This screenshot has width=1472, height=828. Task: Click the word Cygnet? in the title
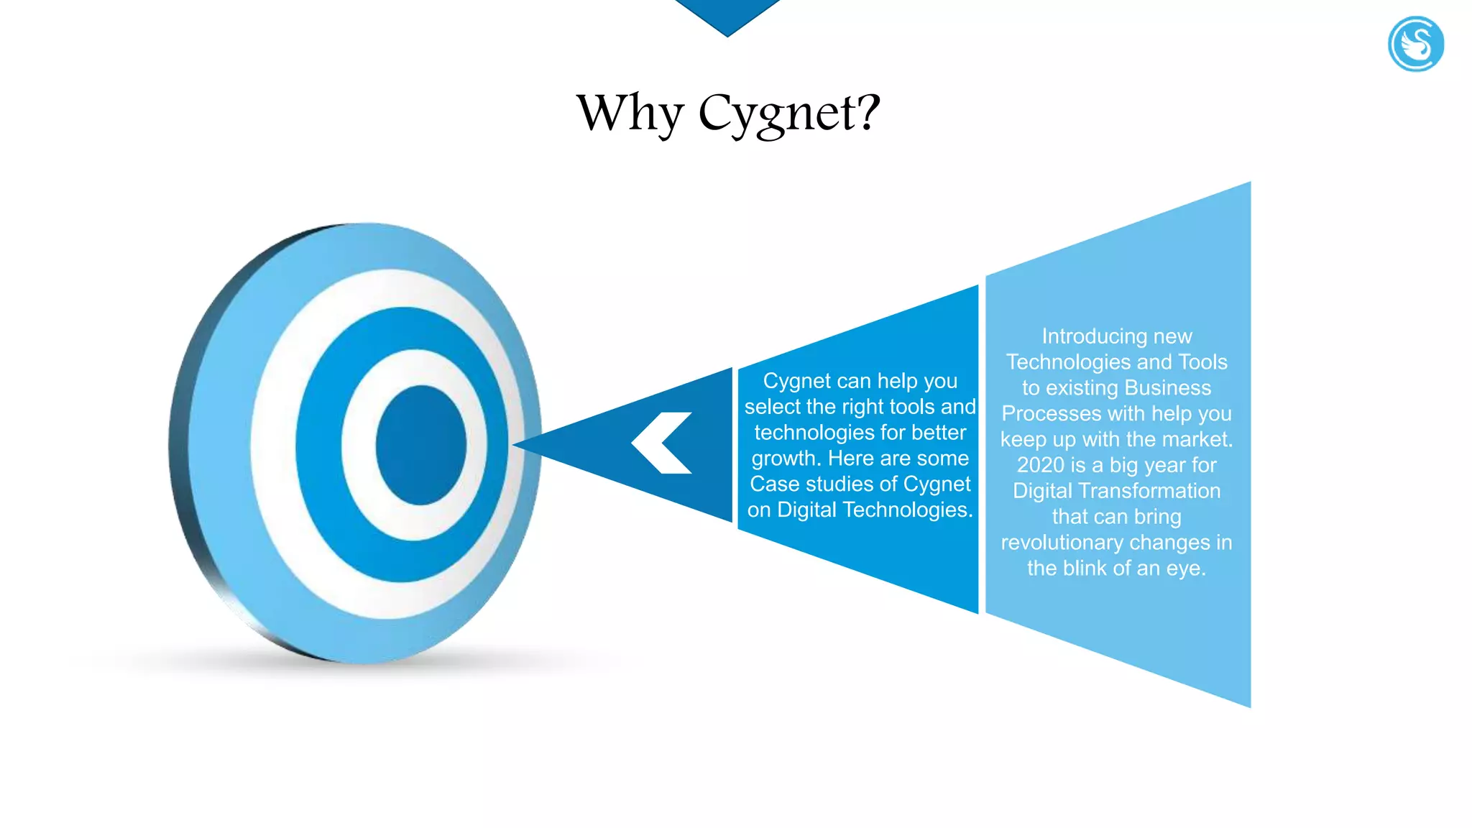tap(789, 113)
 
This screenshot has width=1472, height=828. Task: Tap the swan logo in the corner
tap(1415, 45)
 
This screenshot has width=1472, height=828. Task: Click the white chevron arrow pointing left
tap(661, 443)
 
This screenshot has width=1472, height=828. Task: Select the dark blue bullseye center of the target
tap(420, 445)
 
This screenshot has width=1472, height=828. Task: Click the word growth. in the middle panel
tap(786, 459)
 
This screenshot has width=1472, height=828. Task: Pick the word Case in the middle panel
tap(770, 484)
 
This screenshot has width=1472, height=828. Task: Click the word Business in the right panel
tap(1167, 388)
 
